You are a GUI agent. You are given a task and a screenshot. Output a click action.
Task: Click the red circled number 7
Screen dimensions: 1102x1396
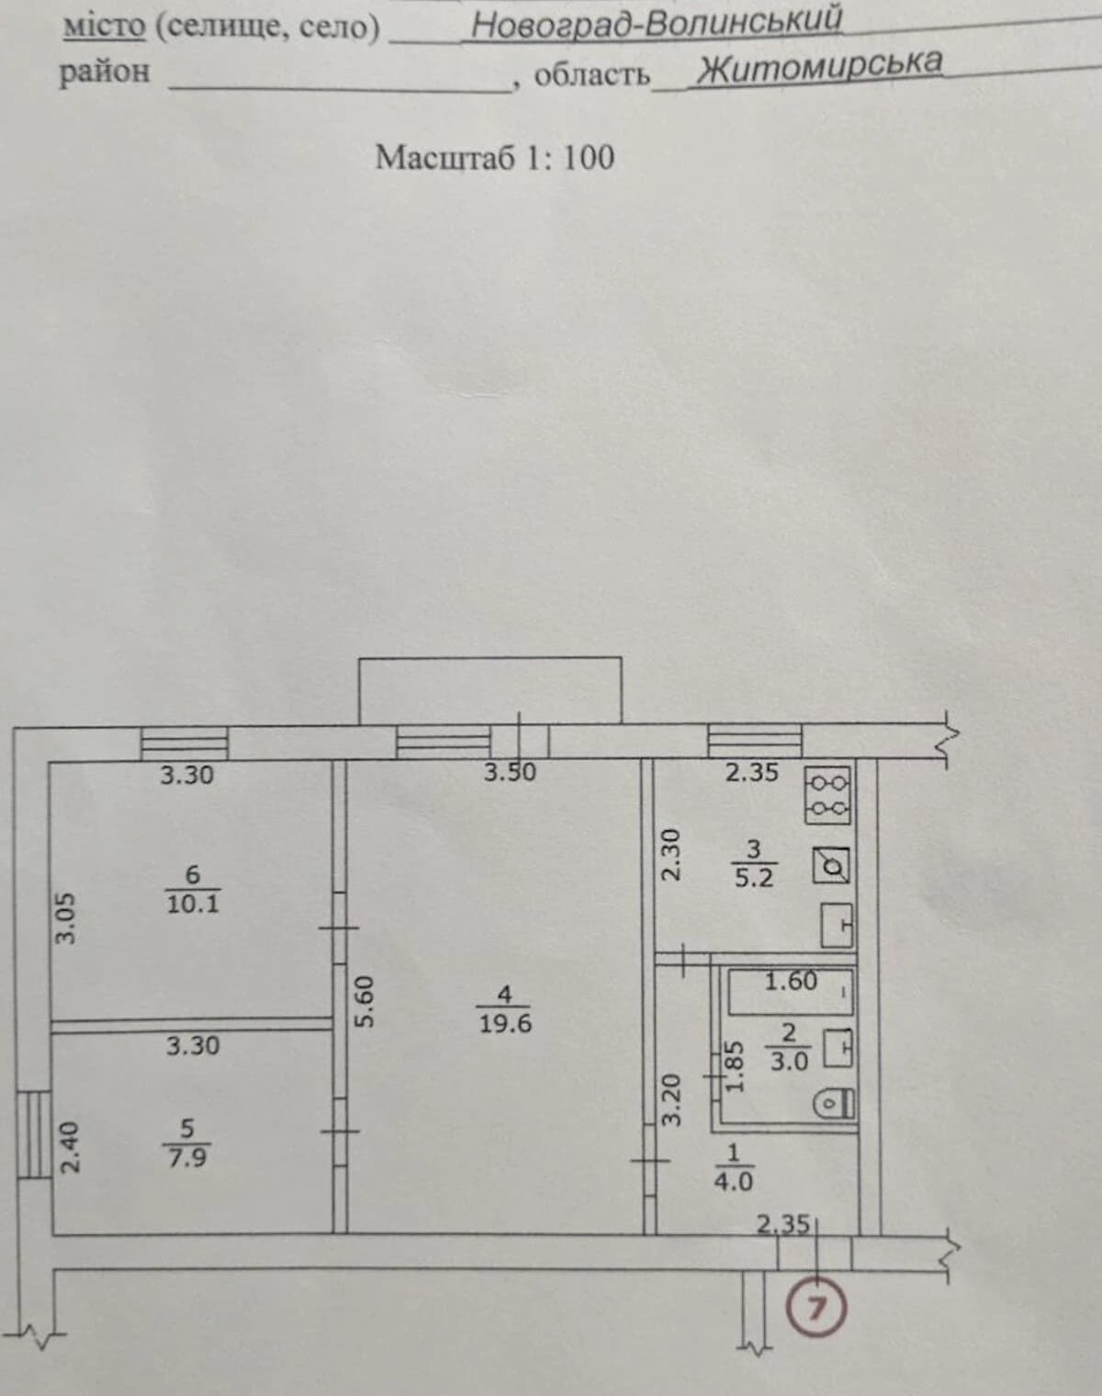pos(816,1307)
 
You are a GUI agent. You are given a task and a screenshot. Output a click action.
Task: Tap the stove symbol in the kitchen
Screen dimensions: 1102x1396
pos(827,795)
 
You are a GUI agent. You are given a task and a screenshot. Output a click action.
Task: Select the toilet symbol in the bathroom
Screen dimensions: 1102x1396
pos(834,1104)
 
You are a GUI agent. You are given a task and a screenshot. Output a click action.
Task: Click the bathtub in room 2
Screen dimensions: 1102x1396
pos(790,992)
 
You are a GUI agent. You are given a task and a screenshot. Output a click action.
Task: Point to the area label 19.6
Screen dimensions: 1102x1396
pos(505,1024)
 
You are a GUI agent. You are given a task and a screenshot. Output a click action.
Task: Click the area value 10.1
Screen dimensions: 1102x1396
pos(193,904)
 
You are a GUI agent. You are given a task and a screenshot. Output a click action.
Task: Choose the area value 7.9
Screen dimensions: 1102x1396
pos(187,1157)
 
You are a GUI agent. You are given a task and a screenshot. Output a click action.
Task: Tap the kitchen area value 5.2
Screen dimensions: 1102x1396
pos(754,878)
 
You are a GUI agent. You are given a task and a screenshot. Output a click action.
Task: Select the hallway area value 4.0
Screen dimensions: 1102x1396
pos(733,1182)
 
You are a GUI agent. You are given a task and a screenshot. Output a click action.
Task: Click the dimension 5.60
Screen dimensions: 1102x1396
pos(365,1002)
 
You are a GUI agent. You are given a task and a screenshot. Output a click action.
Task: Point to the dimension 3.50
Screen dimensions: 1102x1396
pos(511,772)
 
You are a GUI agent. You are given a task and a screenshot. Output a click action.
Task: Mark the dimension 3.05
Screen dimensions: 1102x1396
pos(65,918)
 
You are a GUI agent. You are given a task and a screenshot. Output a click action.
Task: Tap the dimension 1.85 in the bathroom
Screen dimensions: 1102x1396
pos(734,1067)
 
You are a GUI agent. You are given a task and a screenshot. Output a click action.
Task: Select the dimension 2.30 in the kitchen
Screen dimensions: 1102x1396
pos(670,854)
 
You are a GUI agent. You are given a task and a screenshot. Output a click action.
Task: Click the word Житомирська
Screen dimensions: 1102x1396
pos(819,67)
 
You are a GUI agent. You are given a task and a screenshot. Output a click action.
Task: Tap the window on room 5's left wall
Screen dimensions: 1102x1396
pos(34,1134)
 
